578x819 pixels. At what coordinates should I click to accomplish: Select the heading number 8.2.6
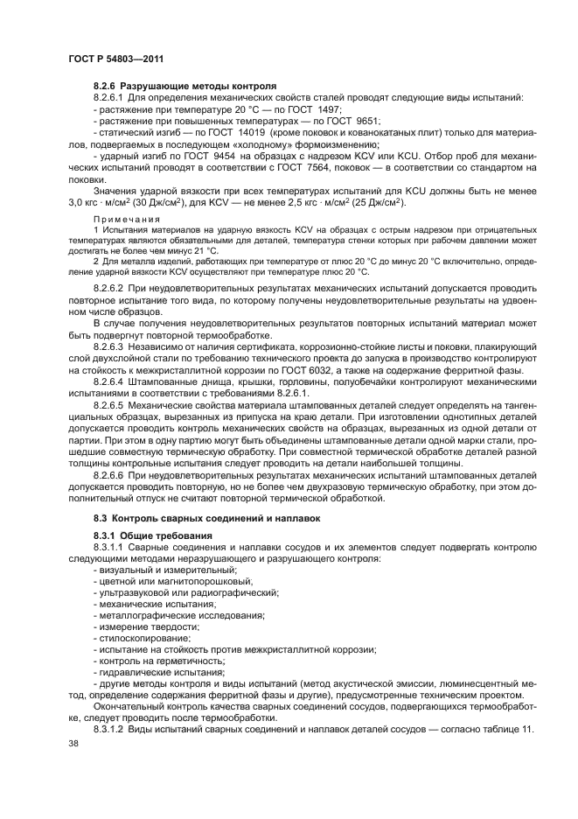point(105,87)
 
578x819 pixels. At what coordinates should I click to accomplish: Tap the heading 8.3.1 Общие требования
point(145,535)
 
